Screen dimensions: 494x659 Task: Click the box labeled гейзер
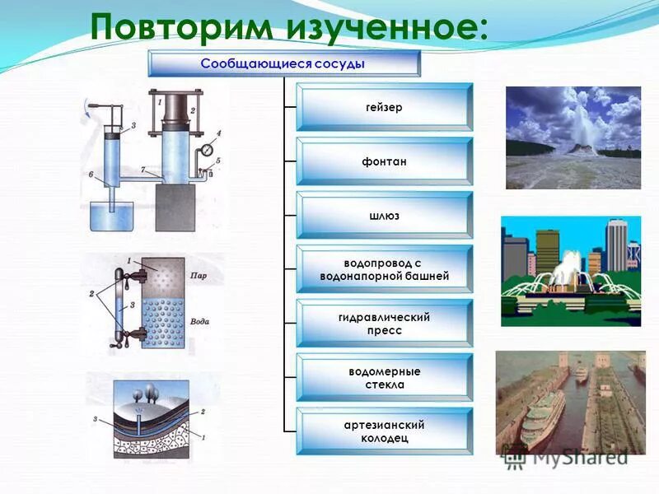384,107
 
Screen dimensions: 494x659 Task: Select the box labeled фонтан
384,161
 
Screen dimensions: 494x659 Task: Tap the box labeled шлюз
384,216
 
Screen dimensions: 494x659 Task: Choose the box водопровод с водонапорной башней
384,270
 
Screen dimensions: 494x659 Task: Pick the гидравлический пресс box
384,324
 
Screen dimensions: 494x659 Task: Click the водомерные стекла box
384,378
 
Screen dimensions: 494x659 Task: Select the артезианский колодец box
384,431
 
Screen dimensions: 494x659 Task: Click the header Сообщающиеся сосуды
283,63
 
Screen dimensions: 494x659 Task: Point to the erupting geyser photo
573,137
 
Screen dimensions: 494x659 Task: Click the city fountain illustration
570,271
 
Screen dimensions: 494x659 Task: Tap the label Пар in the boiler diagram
199,275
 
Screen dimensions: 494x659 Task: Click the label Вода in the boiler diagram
199,322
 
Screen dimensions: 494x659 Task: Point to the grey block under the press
175,207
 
